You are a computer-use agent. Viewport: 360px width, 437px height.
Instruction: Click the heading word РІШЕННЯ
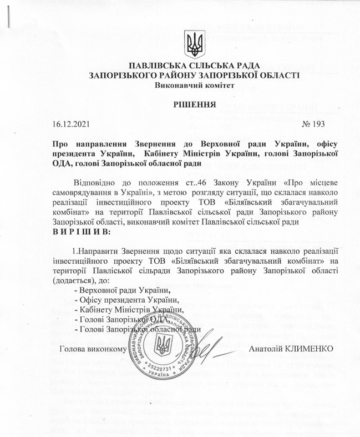[x=180, y=105]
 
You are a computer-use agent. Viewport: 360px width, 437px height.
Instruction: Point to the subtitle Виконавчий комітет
[x=180, y=86]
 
